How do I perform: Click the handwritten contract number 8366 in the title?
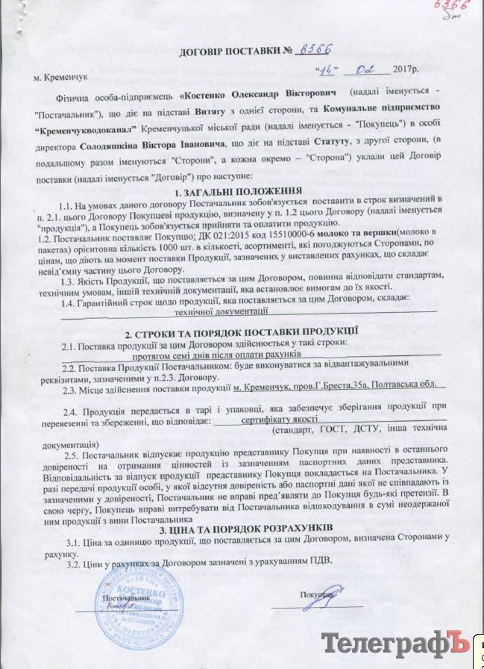click(x=313, y=51)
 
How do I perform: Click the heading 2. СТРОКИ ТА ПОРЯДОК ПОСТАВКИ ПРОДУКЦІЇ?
click(x=242, y=329)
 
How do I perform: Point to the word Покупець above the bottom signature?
click(x=317, y=595)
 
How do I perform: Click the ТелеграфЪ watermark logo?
click(x=396, y=643)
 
